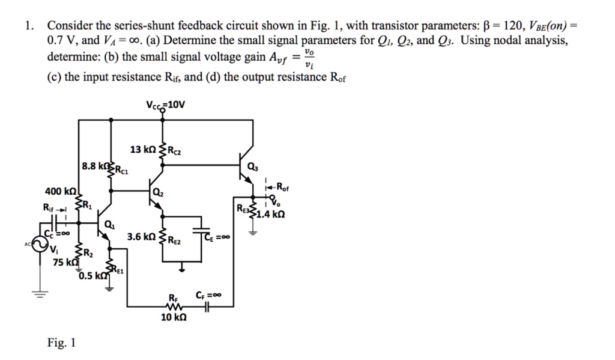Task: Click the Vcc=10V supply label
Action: (x=166, y=105)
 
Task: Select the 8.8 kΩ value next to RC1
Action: (x=94, y=165)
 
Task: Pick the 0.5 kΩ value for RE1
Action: (x=92, y=276)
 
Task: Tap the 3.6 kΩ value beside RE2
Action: (x=141, y=237)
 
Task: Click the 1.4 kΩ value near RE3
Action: (x=271, y=214)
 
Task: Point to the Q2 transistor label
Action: (x=157, y=192)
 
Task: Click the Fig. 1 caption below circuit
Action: (x=61, y=343)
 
